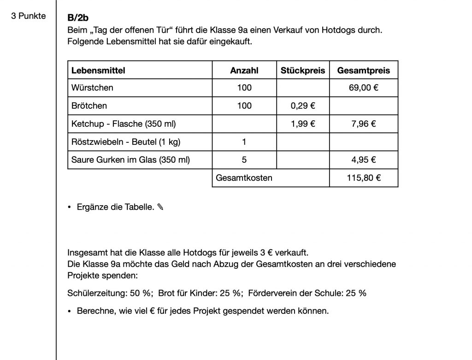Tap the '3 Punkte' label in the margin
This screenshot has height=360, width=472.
click(29, 16)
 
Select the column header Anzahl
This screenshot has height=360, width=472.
click(244, 71)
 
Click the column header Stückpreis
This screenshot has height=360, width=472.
click(303, 71)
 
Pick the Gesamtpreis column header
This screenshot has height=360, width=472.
click(364, 71)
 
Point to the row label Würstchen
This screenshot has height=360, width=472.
click(92, 88)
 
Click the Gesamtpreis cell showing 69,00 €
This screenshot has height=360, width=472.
click(364, 88)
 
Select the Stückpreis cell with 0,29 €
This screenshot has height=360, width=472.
click(303, 106)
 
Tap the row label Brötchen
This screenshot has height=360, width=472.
click(89, 106)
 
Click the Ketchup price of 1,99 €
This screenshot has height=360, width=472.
click(303, 124)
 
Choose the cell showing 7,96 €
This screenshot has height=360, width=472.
click(364, 124)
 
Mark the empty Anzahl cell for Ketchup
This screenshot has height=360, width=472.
click(244, 124)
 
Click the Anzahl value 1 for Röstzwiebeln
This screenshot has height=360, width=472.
click(244, 142)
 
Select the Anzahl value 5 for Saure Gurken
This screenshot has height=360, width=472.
click(244, 160)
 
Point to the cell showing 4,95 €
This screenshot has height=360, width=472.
click(364, 160)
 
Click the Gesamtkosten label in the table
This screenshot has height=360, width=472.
click(244, 178)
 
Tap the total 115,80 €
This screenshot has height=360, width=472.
click(364, 178)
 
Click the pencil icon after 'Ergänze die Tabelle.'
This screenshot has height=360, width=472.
click(160, 207)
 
